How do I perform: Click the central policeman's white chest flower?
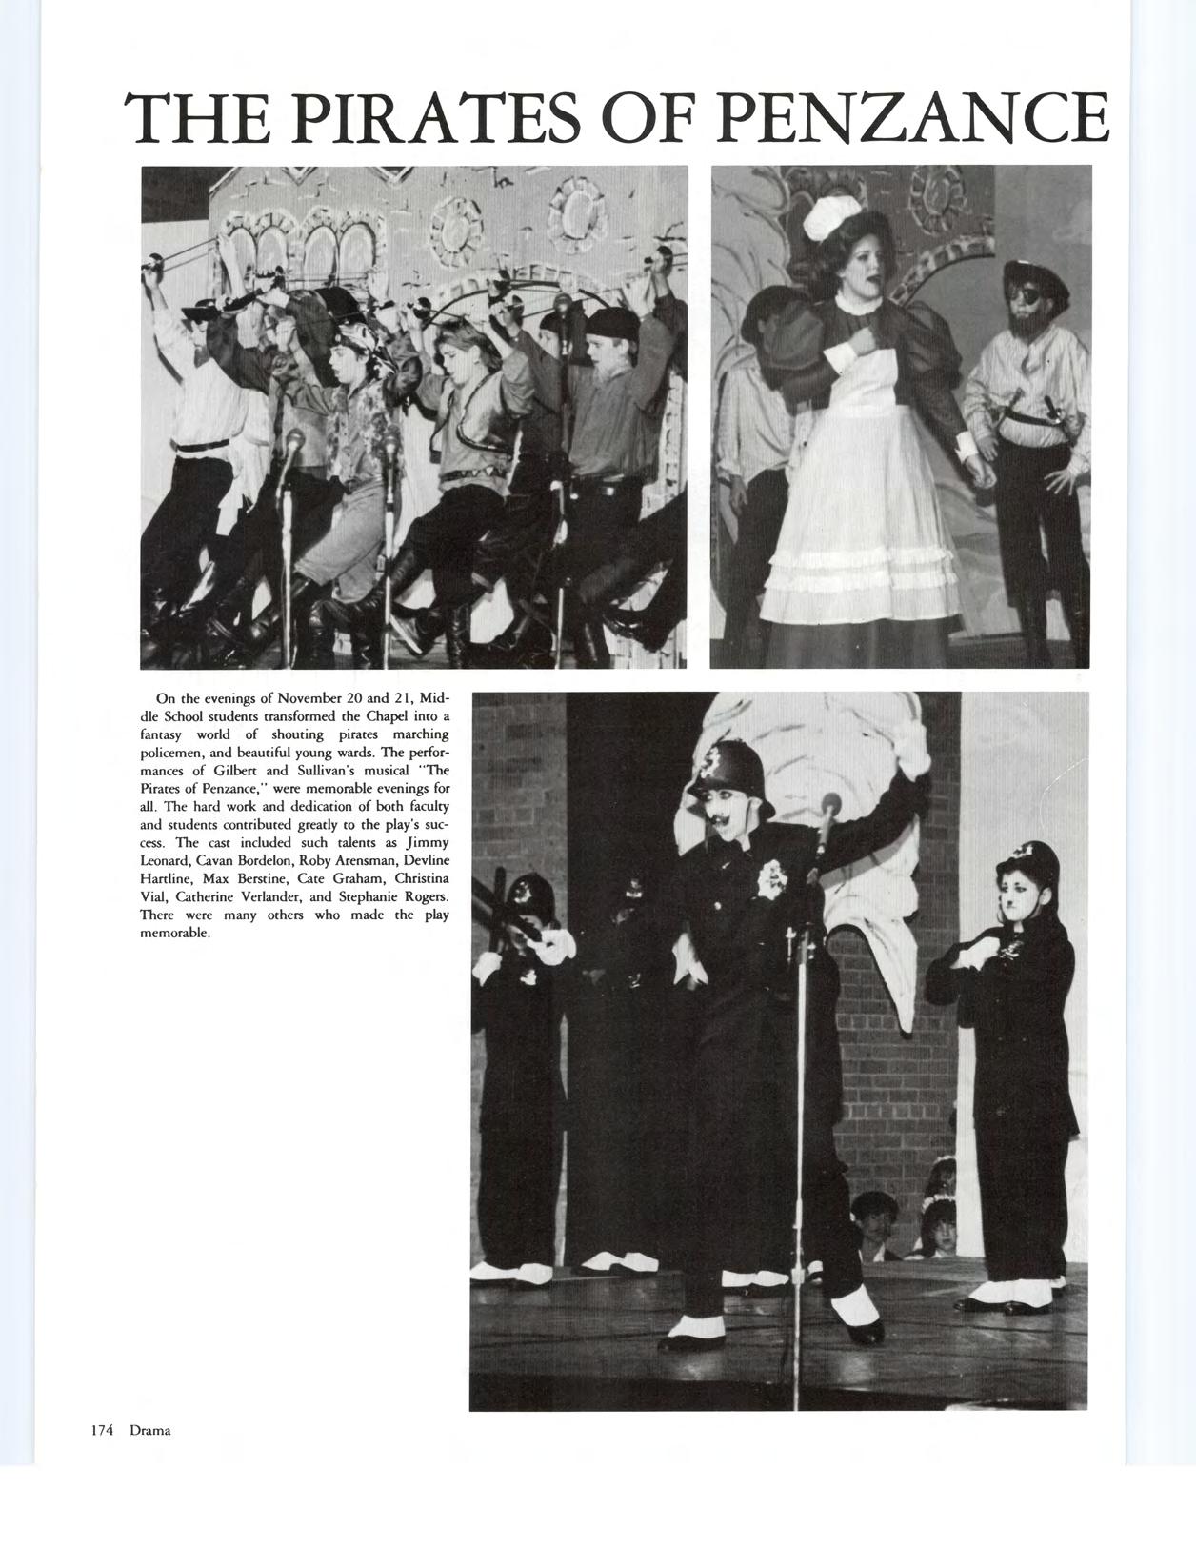point(769,885)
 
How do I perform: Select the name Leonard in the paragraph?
point(165,860)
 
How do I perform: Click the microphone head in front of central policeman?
point(830,806)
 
